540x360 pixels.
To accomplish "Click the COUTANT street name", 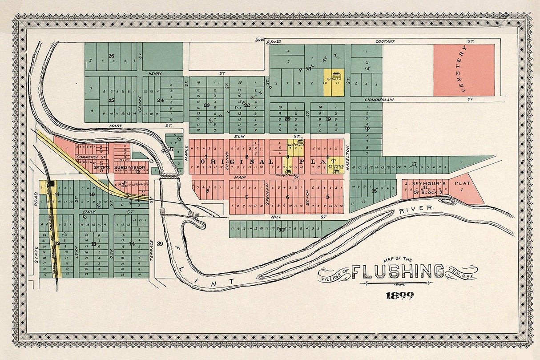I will point(385,41).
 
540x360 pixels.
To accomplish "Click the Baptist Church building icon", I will point(300,141).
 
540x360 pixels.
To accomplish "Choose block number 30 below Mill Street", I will point(281,230).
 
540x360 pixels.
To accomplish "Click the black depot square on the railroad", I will point(52,183).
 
